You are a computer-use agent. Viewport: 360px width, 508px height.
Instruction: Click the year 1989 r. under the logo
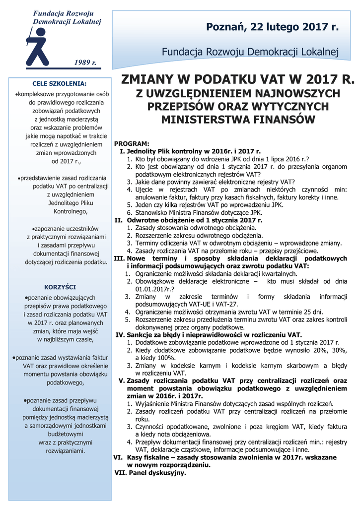(x=85, y=63)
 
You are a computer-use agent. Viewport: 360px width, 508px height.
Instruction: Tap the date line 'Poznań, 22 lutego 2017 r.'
(x=272, y=27)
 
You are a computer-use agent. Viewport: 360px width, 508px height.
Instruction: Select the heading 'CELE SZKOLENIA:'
(x=59, y=83)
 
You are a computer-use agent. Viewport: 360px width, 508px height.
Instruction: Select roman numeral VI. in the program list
(x=118, y=457)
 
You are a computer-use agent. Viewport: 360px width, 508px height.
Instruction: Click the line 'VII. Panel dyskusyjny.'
(x=150, y=473)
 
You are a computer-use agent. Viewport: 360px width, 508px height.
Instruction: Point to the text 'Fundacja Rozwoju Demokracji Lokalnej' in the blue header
(x=250, y=51)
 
